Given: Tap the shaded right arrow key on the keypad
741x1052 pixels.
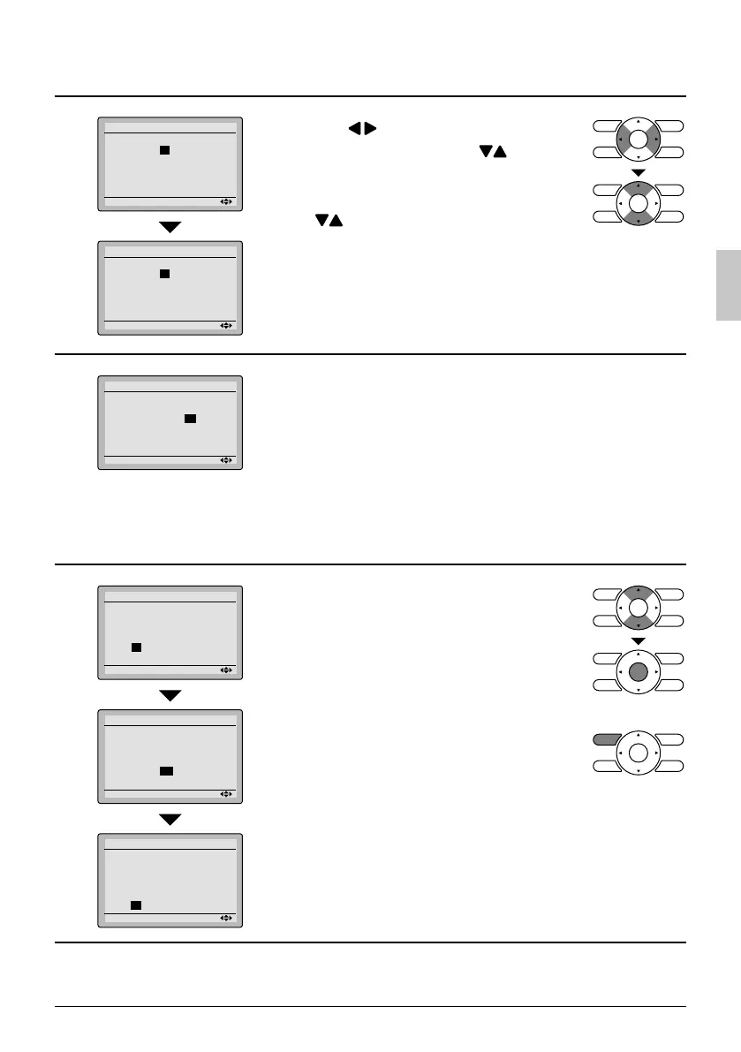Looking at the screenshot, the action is coord(653,140).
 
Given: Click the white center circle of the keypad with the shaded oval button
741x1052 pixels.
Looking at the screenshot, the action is coord(639,754).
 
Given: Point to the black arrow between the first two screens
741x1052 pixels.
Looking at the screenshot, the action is coord(170,227).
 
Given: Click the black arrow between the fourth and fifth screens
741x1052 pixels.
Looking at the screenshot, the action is coord(170,695).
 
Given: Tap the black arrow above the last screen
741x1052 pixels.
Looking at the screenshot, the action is coord(170,819).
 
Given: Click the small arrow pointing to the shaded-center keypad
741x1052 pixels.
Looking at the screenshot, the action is coord(639,640).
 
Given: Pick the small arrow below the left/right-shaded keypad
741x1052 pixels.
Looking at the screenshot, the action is coord(639,171).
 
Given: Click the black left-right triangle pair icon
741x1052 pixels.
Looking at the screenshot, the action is coord(362,129).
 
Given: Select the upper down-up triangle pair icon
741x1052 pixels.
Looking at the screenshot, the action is coord(494,152).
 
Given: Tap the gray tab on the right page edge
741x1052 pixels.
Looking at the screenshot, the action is coord(727,284).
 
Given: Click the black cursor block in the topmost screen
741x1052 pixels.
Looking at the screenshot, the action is coord(164,150).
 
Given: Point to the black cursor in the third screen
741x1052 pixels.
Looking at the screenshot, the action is coord(190,418).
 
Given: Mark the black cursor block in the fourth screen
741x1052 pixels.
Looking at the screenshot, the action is coord(136,647).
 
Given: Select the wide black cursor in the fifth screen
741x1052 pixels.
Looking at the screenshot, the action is coord(166,771).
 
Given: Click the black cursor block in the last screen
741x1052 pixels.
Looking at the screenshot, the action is coord(136,904).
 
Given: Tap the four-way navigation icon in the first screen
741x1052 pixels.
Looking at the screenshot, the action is coord(226,202).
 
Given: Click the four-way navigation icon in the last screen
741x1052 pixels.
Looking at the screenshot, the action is coord(226,918).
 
